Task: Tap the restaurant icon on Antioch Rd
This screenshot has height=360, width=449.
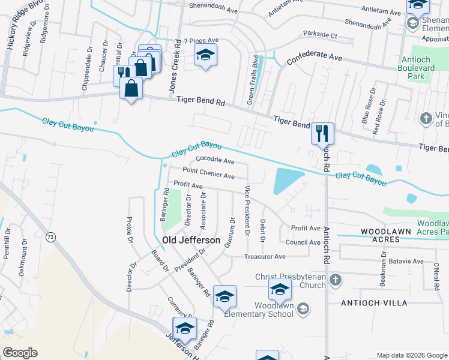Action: click(322, 133)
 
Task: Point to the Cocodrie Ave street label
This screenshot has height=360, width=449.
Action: click(215, 161)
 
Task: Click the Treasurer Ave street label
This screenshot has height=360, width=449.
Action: click(264, 256)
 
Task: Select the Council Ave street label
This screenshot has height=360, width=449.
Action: click(303, 242)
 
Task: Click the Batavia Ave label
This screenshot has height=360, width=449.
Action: click(408, 261)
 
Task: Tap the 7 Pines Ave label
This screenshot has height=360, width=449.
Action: click(201, 40)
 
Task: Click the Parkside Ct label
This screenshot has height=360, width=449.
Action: click(320, 35)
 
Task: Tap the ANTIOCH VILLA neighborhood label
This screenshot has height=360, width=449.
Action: click(373, 303)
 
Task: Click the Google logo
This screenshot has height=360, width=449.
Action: click(20, 352)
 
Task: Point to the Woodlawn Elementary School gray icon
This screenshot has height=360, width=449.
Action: click(304, 308)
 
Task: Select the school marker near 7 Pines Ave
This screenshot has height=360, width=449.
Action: click(205, 56)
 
